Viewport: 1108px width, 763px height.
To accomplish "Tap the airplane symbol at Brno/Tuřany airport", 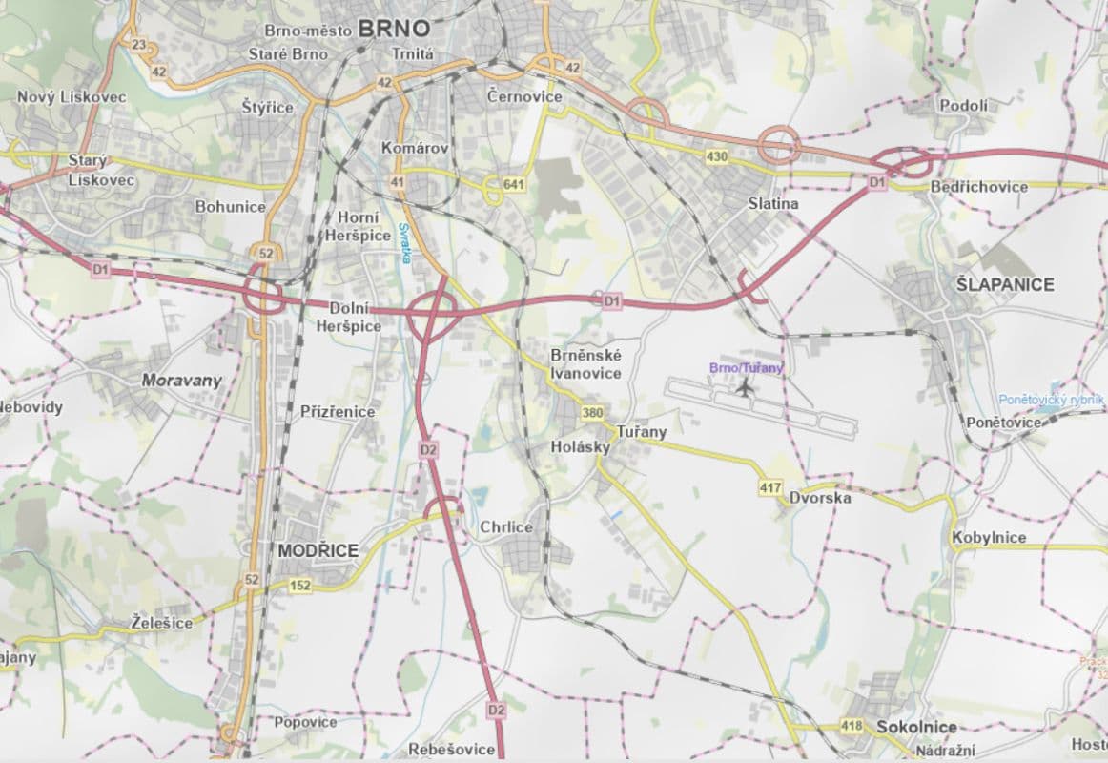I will coord(744,387).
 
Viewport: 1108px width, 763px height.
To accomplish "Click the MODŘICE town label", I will coord(318,550).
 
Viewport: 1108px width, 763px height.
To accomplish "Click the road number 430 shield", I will coord(718,155).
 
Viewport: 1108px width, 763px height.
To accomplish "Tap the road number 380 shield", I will coord(592,413).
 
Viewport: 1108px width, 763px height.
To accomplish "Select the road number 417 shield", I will coord(770,488).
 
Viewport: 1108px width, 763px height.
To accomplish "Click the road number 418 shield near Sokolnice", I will coord(852,727).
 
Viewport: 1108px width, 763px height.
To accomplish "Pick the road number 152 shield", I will coord(300,586).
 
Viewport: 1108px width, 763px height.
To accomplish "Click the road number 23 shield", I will coord(139,45).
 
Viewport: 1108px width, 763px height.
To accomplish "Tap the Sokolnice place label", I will coord(916,727).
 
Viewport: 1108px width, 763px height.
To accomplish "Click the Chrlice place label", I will coord(506,527).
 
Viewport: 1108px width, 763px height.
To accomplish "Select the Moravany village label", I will coord(181,380).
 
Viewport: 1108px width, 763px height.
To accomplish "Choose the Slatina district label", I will coord(773,204).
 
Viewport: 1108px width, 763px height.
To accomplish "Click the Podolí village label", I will coord(964,106).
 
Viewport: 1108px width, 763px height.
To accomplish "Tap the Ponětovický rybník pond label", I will coord(1051,400).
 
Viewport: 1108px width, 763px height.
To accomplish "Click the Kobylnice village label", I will coord(989,537).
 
